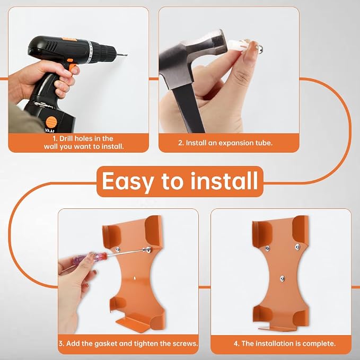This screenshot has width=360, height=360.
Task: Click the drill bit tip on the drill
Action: tap(127, 55)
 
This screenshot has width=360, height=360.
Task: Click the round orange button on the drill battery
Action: tap(51, 122)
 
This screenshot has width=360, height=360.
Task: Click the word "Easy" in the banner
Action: tap(127, 181)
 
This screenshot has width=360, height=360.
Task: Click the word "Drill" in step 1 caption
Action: tap(66, 139)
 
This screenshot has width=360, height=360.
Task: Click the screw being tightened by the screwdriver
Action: tap(149, 250)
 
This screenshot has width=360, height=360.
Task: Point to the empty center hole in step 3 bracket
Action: tap(134, 278)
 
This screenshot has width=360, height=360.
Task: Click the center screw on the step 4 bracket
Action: tap(282, 279)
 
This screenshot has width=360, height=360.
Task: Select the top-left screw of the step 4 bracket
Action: tap(267, 248)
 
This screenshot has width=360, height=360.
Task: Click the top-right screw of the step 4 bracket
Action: tap(297, 247)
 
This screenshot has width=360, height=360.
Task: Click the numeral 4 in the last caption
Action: tap(235, 344)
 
